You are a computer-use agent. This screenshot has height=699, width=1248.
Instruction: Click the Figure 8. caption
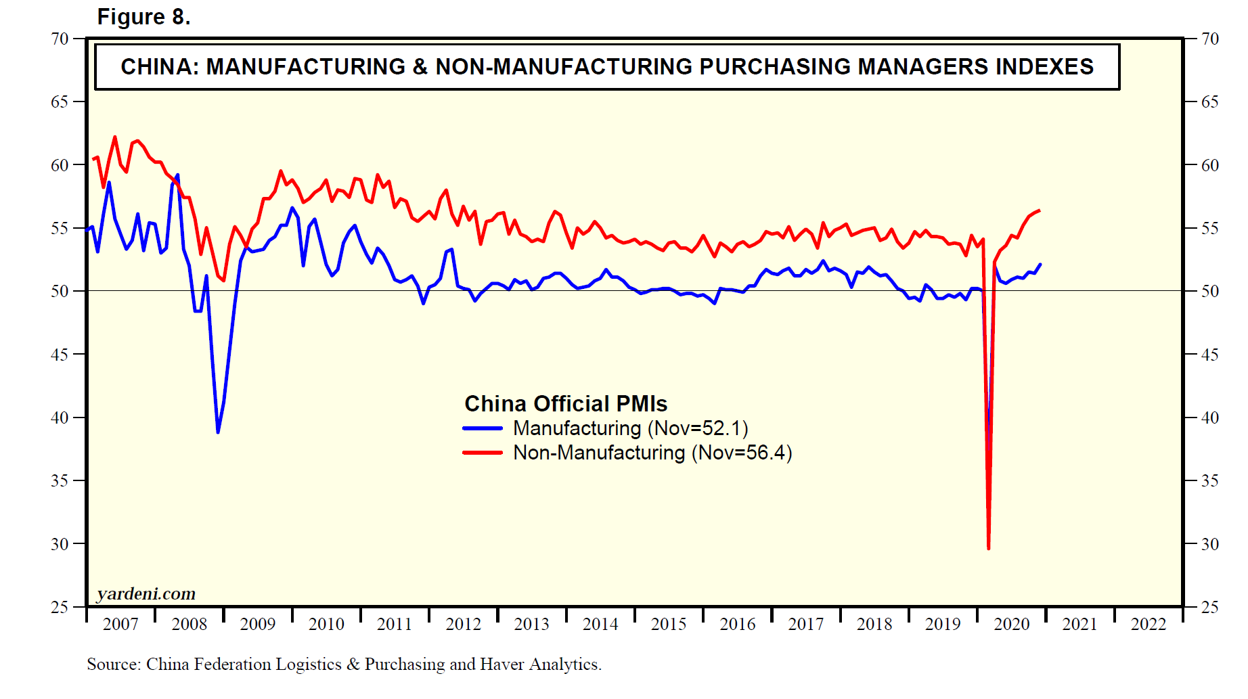pos(143,17)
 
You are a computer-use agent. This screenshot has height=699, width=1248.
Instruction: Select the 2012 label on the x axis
pos(463,624)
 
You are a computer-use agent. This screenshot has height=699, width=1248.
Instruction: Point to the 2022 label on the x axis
pos(1148,624)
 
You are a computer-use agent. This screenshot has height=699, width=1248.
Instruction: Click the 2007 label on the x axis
pos(120,624)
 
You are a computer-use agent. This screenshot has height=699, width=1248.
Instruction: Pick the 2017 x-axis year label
pos(805,624)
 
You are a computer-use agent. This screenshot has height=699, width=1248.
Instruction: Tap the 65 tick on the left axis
pos(60,102)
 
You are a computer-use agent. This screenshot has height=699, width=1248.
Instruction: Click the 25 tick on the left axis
pos(60,607)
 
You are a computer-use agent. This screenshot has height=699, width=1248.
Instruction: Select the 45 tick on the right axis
pos(1209,355)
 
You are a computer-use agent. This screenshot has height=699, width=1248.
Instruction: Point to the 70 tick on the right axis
pos(1209,39)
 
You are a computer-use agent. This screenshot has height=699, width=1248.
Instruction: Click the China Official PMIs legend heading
pos(565,404)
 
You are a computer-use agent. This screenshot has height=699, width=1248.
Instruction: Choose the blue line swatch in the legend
pos(483,428)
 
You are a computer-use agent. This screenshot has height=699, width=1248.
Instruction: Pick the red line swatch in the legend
pos(483,453)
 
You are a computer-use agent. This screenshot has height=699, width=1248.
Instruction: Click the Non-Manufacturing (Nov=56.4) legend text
pos(652,453)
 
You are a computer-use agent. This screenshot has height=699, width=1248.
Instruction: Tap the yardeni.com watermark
pos(146,594)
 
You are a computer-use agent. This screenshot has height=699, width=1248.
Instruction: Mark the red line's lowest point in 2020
pos(989,548)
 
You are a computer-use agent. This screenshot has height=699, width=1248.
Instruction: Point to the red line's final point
pos(1040,210)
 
